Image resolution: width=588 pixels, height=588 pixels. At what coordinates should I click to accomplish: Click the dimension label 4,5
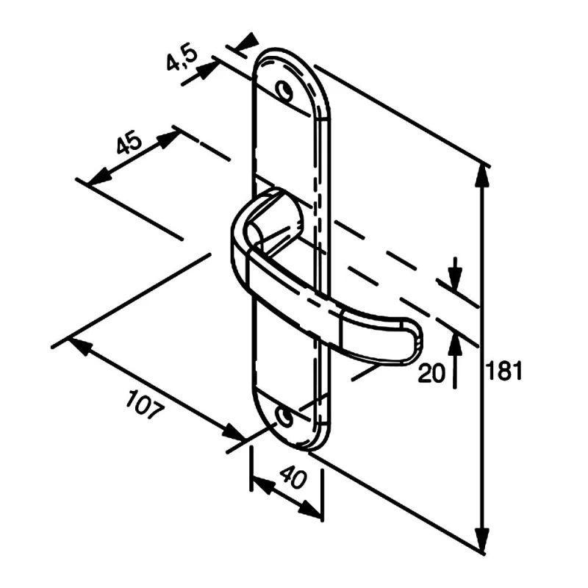(x=182, y=58)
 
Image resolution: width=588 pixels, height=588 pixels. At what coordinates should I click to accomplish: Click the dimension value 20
(x=431, y=373)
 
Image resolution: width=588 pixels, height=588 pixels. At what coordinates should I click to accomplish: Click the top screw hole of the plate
(x=283, y=90)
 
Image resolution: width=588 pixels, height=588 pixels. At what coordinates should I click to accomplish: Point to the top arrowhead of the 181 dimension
(x=482, y=173)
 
